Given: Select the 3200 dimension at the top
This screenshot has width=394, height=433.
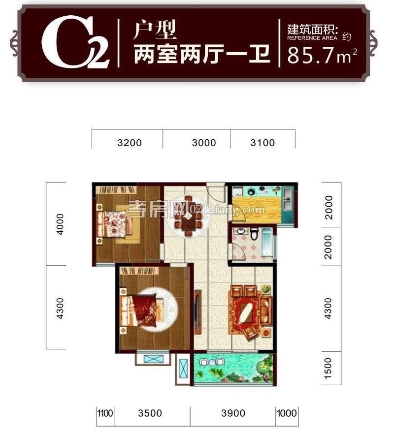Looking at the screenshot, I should click(x=130, y=143).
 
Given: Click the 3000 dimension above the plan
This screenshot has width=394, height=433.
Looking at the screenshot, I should click(x=204, y=143).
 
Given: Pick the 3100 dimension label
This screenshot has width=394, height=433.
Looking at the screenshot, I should click(x=263, y=143).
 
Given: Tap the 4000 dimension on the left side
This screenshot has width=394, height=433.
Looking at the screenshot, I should click(x=60, y=224).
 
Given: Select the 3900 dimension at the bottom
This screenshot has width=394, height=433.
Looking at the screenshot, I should click(x=233, y=413).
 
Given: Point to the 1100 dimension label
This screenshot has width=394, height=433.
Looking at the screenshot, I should click(x=105, y=413).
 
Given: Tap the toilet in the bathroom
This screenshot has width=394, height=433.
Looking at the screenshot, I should click(x=254, y=234).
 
